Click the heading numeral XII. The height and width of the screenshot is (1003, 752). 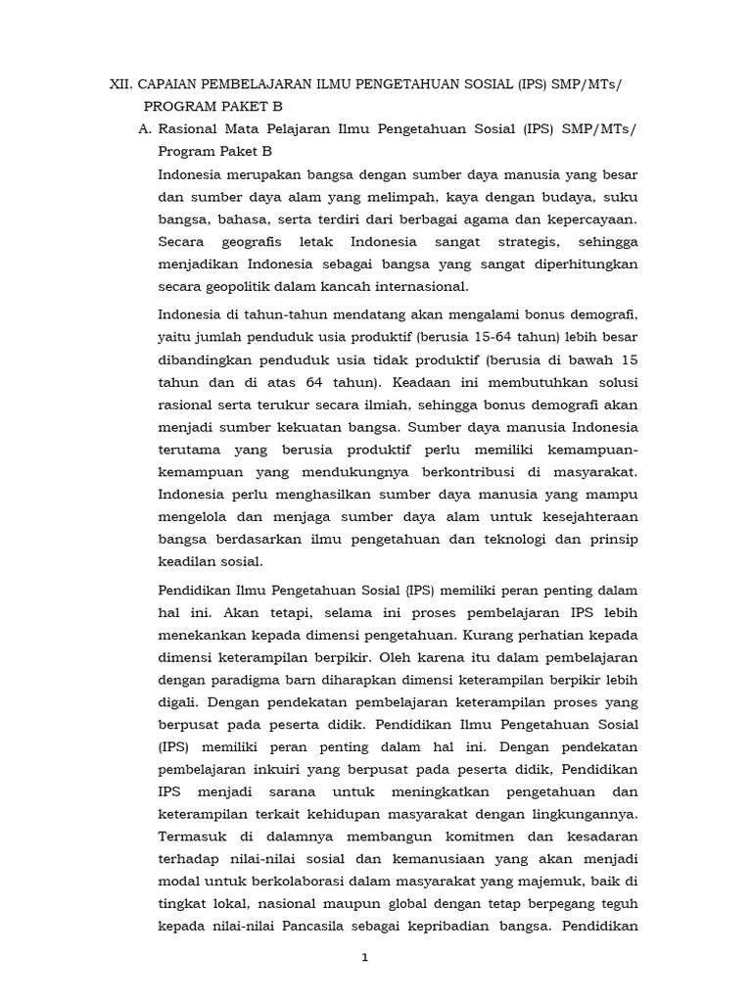[x=120, y=86]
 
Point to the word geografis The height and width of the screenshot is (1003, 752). [x=261, y=241]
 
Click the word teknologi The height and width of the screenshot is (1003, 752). [x=496, y=539]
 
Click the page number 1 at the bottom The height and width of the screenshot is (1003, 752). [x=364, y=959]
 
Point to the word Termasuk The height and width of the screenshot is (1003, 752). [x=192, y=836]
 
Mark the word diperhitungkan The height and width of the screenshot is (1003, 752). [x=578, y=263]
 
